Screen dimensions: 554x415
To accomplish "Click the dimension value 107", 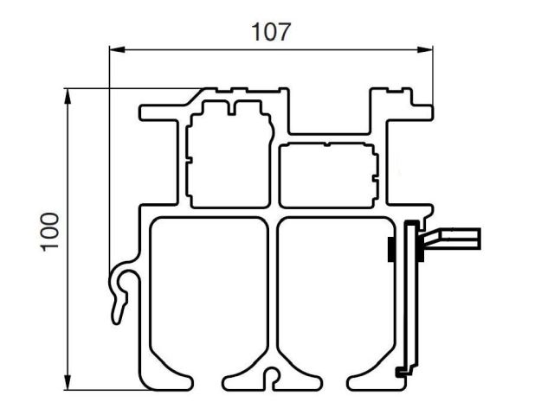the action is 271,32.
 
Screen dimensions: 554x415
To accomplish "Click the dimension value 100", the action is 50,233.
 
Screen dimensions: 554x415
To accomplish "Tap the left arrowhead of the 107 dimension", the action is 117,49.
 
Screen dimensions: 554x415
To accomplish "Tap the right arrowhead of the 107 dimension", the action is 425,49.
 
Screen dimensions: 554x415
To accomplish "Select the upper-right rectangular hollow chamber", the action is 328,176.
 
